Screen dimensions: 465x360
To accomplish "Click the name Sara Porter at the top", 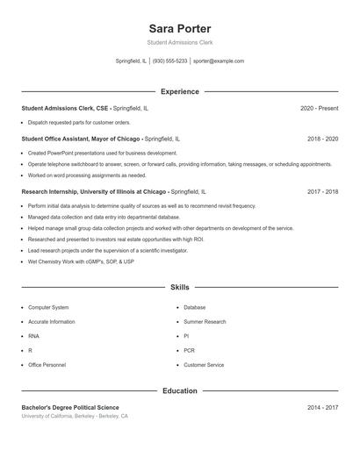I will click(179, 29).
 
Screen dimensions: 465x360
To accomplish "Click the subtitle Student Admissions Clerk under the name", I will click(179, 42).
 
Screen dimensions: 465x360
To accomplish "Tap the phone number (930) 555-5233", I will click(170, 61).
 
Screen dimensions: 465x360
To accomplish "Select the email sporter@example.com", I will click(219, 61).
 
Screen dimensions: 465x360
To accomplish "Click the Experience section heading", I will click(179, 91).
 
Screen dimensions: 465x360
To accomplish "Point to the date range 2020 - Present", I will click(319, 108).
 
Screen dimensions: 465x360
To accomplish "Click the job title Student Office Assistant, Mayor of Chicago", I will click(81, 139).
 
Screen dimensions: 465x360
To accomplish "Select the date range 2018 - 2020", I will click(322, 139).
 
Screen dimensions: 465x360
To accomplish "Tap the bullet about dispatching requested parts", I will click(79, 123).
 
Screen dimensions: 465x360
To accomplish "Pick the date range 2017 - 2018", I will click(322, 191).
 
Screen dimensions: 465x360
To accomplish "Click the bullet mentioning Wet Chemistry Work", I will click(81, 261).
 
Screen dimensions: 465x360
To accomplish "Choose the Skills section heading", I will click(179, 287).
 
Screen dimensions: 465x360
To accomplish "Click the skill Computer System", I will click(48, 308).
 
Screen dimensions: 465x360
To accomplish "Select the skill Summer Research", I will click(205, 322).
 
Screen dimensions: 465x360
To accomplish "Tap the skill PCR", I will click(189, 351).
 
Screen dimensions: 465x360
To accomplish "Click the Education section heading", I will click(179, 390).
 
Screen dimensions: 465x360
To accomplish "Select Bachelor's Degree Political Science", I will click(70, 407).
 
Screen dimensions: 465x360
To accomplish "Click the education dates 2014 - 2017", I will click(322, 407).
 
